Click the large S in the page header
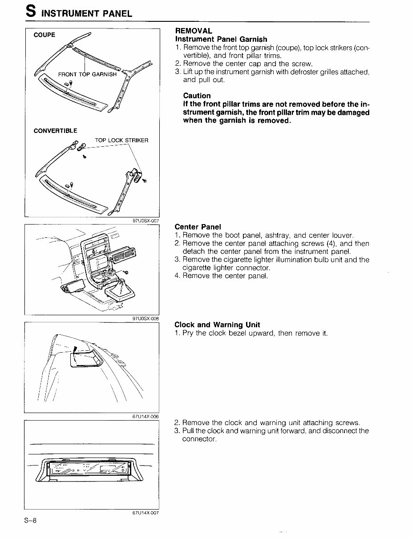pos(31,11)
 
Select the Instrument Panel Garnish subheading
pos(221,39)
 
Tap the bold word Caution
pos(197,96)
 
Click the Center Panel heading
pos(198,227)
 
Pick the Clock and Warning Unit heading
pos(217,325)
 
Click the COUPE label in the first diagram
pos(44,35)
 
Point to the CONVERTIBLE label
pos(55,131)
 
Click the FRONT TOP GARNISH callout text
pos(87,74)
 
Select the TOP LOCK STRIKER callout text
pos(121,141)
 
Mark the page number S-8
pos(30,521)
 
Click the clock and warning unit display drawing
pos(89,469)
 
